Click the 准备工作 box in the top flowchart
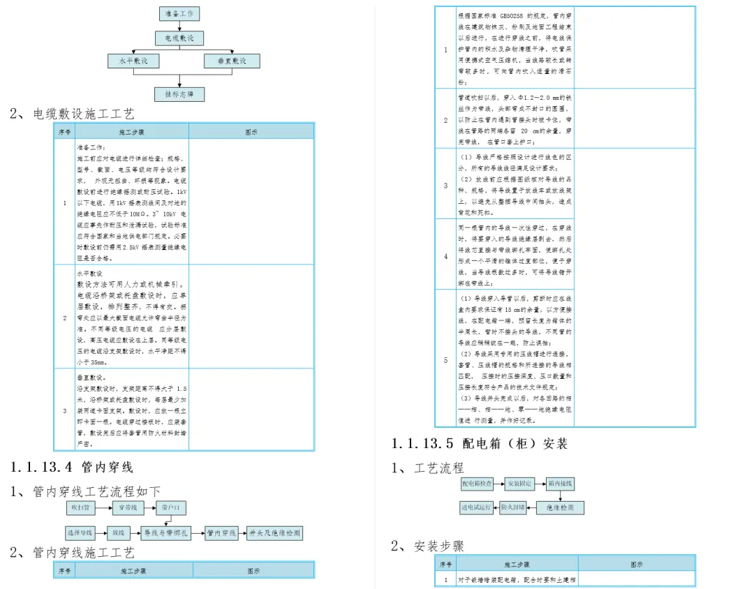(x=180, y=13)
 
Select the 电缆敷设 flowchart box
(x=179, y=37)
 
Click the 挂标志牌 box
(x=179, y=94)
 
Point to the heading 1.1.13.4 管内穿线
(x=72, y=467)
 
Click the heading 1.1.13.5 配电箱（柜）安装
(x=480, y=443)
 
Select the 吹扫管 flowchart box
(x=79, y=508)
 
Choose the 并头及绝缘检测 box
(x=274, y=533)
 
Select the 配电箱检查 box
(x=477, y=483)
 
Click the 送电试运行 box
(x=477, y=507)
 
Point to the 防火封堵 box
(x=513, y=507)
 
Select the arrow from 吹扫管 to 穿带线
(x=102, y=508)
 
